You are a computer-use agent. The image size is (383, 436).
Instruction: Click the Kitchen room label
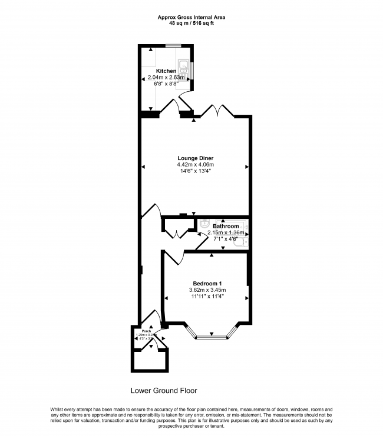pos(166,71)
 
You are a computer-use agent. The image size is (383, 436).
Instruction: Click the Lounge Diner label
pos(195,158)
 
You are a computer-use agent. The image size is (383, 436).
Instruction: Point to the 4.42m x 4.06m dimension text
pos(195,165)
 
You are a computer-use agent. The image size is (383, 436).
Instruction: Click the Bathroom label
pos(226,226)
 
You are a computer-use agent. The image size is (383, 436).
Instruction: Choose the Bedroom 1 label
pos(207,284)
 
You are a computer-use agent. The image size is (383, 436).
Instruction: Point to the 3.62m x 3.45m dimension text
pos(207,290)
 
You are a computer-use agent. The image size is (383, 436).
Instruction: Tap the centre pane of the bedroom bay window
pos(212,337)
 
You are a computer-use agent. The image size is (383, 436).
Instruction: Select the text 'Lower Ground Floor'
pos(163,390)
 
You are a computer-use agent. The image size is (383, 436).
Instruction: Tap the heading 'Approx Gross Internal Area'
pos(191,18)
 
